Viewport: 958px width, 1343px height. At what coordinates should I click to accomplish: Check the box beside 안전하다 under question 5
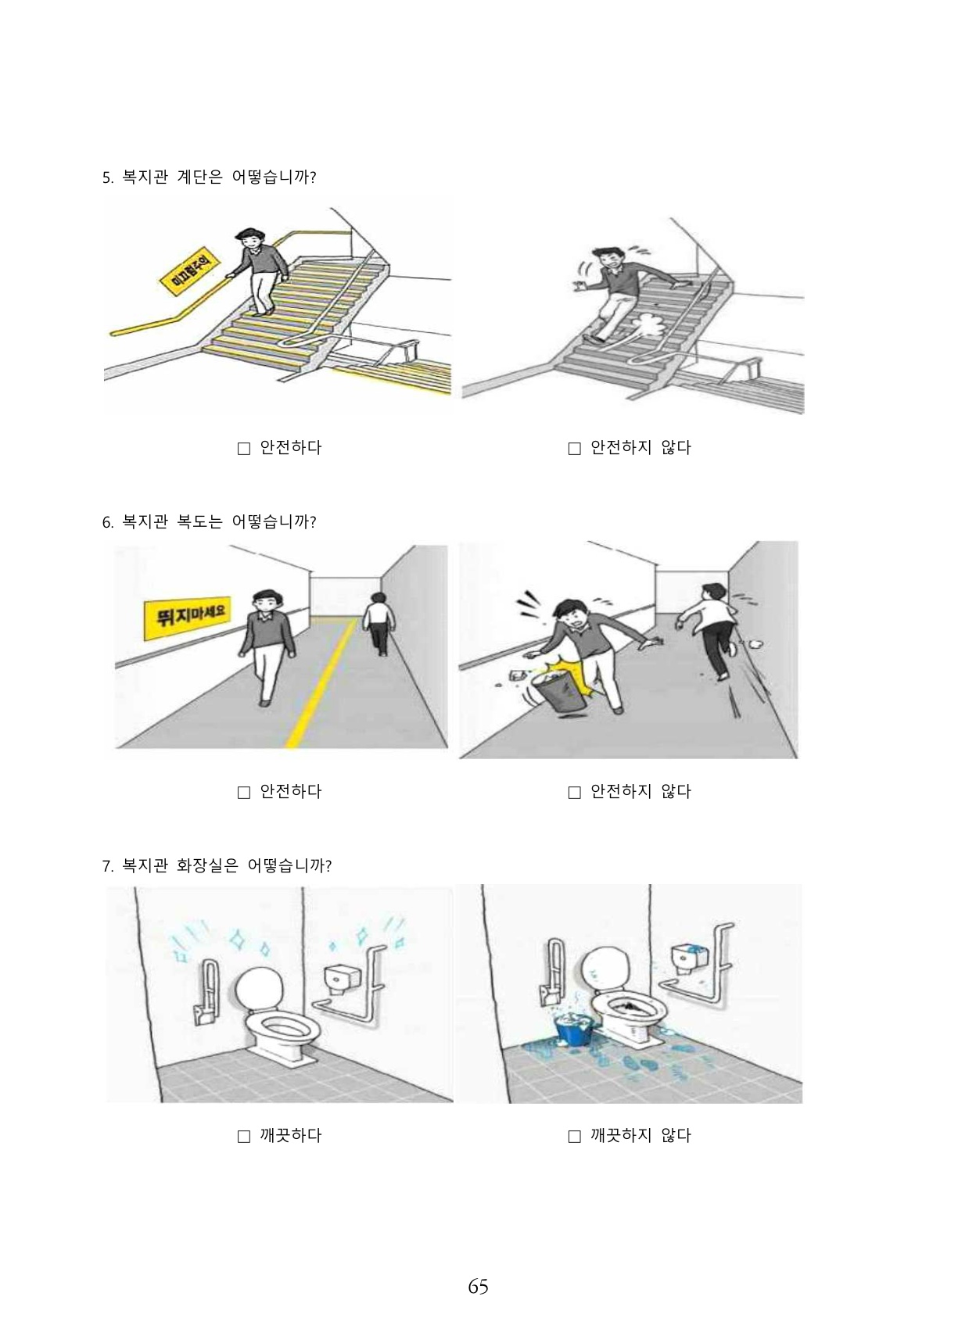(x=244, y=449)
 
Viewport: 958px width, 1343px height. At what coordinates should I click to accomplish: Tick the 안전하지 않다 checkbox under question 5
(x=575, y=449)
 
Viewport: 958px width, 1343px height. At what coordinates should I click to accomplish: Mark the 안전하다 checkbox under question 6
(x=244, y=793)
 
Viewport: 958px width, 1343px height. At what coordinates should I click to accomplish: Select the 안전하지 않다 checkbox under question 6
(x=575, y=793)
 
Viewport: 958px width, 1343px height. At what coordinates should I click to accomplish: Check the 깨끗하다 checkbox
(x=244, y=1137)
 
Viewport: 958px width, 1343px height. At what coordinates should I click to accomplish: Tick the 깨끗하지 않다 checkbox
(x=575, y=1137)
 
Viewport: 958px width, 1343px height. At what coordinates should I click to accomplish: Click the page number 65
(x=478, y=1287)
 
